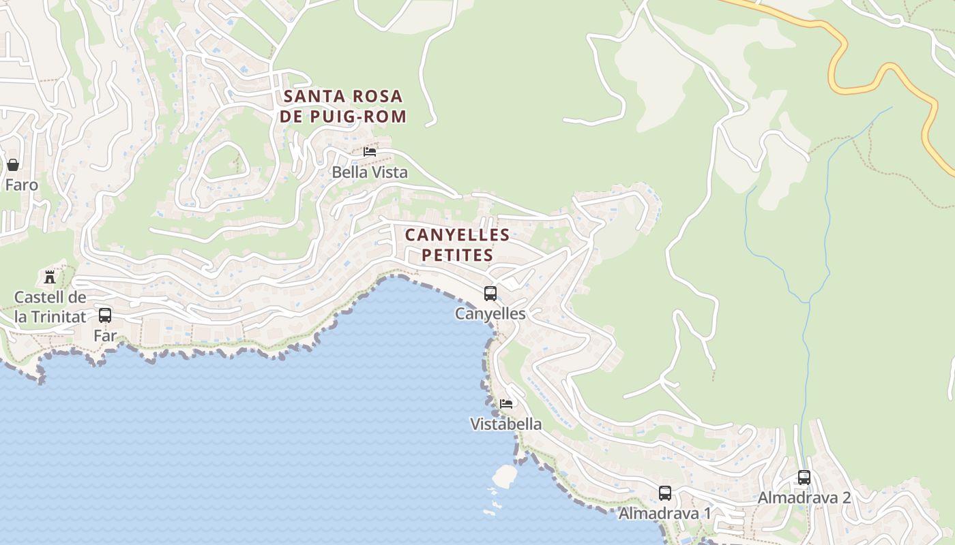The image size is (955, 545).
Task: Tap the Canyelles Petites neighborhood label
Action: (457, 245)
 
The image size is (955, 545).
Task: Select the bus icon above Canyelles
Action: (490, 294)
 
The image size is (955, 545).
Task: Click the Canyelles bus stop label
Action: (490, 314)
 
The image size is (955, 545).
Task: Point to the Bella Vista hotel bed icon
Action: (370, 152)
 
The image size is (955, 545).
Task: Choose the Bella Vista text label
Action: (370, 172)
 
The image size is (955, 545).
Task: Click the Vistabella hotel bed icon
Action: (506, 403)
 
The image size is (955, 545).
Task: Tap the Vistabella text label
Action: (506, 424)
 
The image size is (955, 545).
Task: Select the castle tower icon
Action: (50, 277)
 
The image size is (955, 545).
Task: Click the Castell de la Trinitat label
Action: (50, 307)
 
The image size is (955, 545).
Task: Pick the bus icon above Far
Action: (105, 315)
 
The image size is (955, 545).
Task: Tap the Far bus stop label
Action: (105, 336)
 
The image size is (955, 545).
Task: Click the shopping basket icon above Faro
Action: (13, 165)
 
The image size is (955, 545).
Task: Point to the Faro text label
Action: (21, 185)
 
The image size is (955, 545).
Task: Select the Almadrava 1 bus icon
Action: (665, 493)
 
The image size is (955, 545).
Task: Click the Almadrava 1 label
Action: (664, 513)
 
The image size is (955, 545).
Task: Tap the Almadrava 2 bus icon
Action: (804, 478)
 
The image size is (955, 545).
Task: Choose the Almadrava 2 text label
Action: (804, 498)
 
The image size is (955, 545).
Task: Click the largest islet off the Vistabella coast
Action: (505, 476)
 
